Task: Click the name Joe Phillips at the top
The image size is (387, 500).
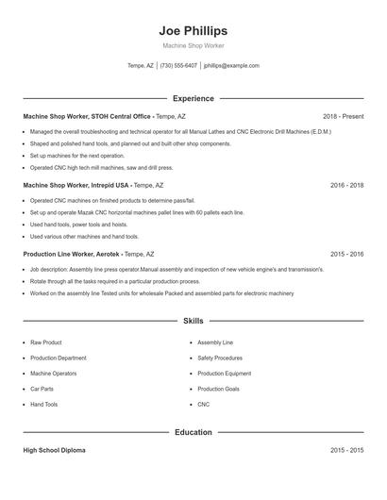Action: [193, 31]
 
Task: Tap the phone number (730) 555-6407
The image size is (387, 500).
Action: [178, 66]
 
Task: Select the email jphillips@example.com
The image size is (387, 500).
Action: [231, 66]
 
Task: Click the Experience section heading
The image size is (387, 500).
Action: [193, 98]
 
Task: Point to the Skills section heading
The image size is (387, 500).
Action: [193, 322]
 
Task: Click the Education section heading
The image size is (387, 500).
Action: [193, 432]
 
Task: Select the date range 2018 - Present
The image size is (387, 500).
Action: [343, 116]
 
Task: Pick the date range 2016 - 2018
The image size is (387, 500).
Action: [346, 186]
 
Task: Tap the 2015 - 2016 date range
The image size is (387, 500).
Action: [346, 254]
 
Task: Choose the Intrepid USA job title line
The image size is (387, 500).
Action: [93, 186]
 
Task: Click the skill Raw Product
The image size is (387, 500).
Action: [46, 342]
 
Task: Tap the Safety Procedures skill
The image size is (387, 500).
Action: [219, 358]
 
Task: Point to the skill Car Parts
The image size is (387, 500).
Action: [42, 389]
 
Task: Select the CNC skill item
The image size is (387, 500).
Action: [203, 404]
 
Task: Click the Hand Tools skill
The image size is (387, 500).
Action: [43, 404]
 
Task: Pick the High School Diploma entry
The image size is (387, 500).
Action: [54, 451]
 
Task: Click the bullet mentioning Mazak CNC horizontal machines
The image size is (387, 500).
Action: [137, 213]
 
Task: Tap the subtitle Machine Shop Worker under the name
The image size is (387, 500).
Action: [193, 46]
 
